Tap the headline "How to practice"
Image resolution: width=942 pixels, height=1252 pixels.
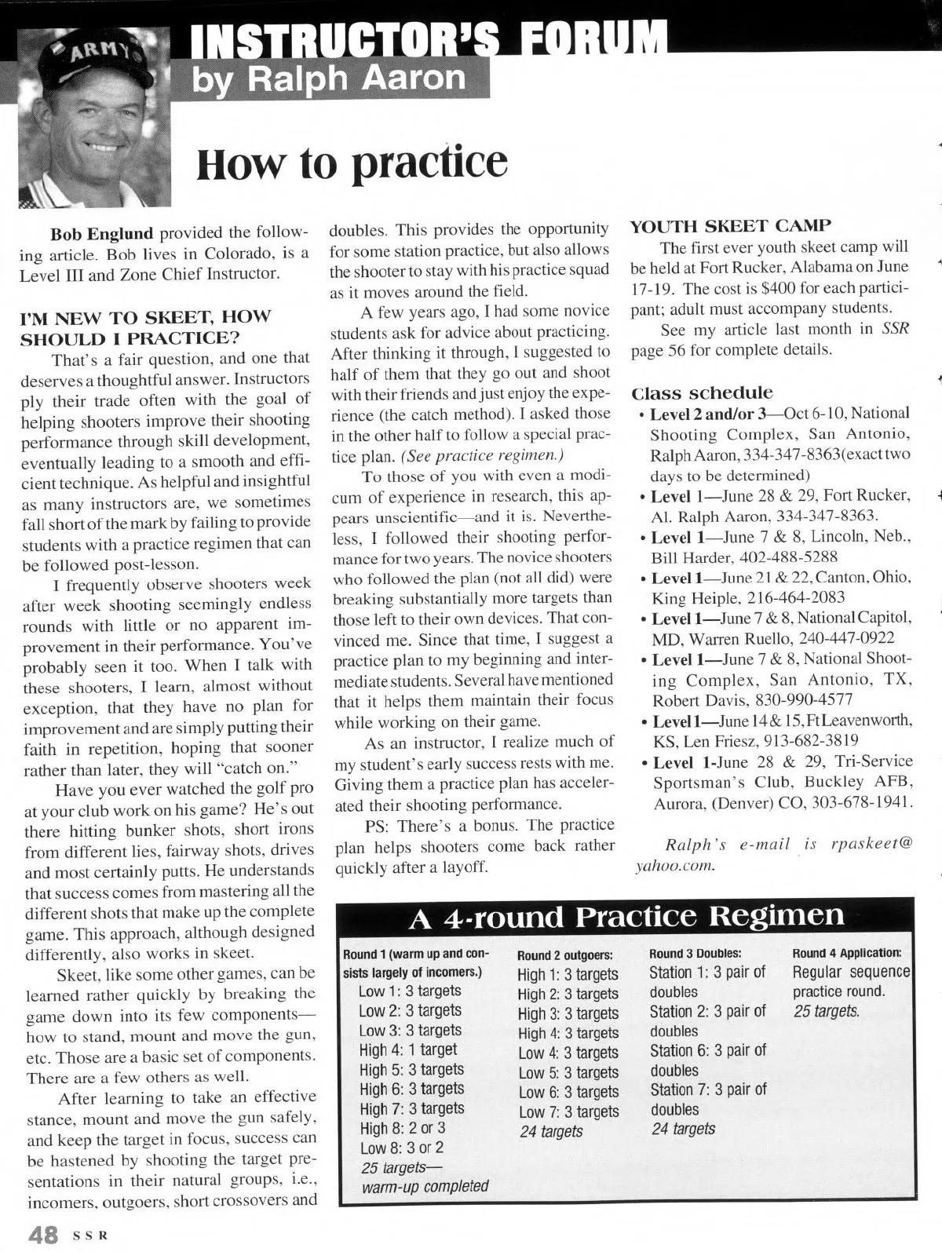point(352,162)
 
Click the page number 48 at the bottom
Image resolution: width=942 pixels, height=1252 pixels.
point(42,1235)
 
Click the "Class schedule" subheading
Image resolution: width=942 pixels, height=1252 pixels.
point(702,392)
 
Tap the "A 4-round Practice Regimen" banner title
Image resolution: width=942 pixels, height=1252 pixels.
point(626,915)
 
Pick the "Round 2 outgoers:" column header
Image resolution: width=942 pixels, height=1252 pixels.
point(564,955)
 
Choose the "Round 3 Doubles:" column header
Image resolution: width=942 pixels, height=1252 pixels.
point(695,953)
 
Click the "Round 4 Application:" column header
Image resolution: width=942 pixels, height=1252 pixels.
point(846,953)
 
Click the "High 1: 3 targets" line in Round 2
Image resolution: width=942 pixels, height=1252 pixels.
point(568,975)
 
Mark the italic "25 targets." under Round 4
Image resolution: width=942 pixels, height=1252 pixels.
point(826,1011)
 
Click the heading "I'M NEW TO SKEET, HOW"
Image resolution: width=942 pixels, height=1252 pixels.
point(144,317)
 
